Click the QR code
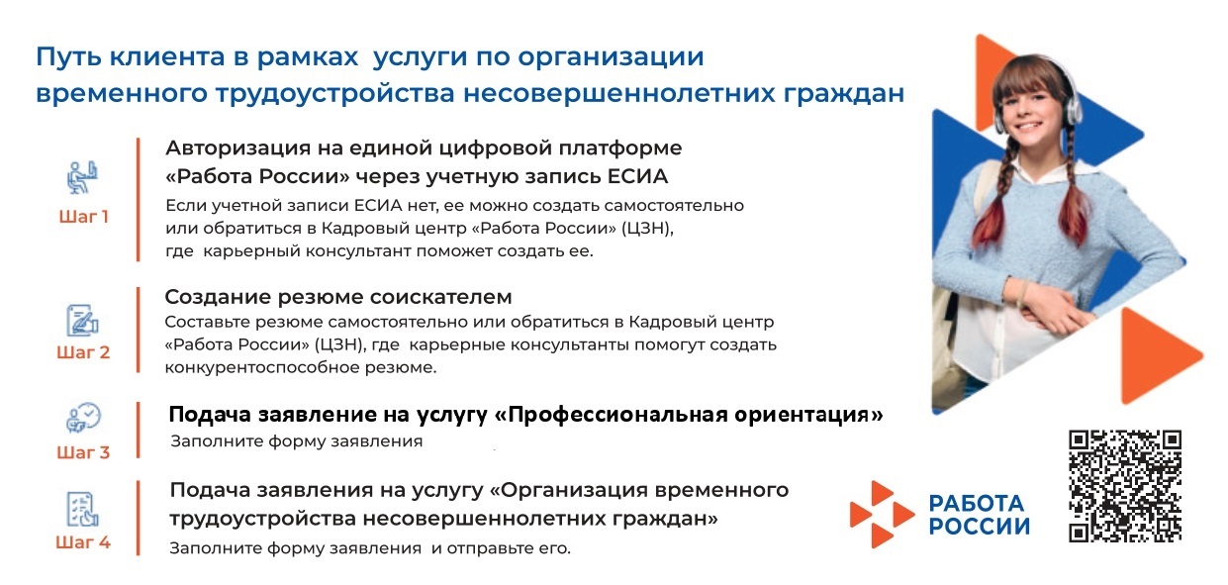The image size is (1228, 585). [1125, 486]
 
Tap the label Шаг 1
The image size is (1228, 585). [84, 217]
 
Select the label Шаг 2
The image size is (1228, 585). [83, 352]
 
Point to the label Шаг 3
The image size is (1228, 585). [83, 452]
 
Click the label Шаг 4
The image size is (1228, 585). [83, 542]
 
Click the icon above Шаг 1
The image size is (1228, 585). [82, 177]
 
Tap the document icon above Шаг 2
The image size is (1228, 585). [82, 320]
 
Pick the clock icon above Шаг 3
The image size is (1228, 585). [83, 418]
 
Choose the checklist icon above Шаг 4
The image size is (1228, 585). [82, 508]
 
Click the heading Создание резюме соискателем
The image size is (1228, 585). [338, 297]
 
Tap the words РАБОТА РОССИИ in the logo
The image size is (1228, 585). [980, 515]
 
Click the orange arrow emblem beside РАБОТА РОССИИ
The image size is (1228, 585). [882, 515]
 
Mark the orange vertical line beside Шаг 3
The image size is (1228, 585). [139, 431]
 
